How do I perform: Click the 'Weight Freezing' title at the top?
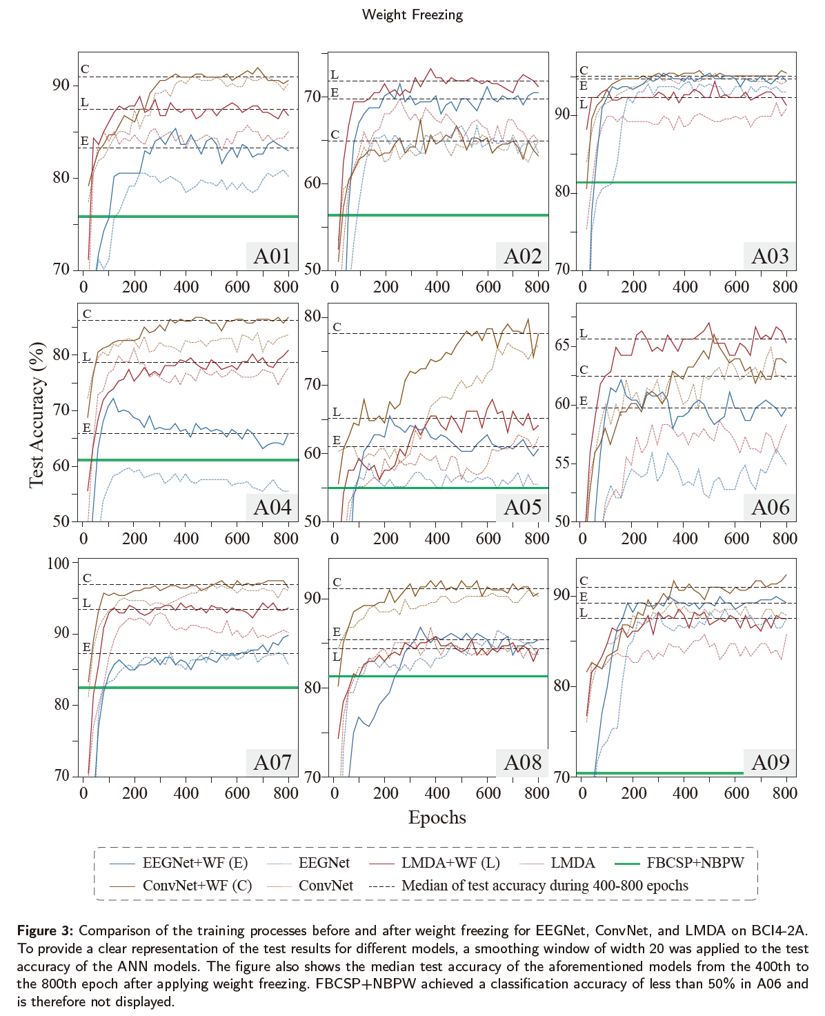[x=412, y=14]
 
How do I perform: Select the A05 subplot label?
[x=522, y=507]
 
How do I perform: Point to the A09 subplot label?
[x=770, y=762]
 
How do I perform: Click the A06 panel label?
[x=770, y=507]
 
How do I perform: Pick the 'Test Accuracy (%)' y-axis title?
[x=37, y=414]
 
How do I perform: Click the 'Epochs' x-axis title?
[x=437, y=817]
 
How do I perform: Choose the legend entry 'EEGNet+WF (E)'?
[x=195, y=863]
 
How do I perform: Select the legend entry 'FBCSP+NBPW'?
[x=695, y=863]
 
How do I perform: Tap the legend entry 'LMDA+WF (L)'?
[x=450, y=863]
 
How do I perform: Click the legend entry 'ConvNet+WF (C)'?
[x=197, y=886]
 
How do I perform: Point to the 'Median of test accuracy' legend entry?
[x=544, y=886]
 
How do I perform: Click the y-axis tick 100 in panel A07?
[x=58, y=563]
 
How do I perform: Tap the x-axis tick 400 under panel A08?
[x=437, y=793]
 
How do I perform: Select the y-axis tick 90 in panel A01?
[x=61, y=85]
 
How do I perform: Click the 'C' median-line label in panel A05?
[x=337, y=327]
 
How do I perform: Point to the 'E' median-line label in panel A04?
[x=87, y=428]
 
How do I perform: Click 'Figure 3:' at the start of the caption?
[x=46, y=931]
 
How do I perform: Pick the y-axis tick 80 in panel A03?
[x=563, y=192]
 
